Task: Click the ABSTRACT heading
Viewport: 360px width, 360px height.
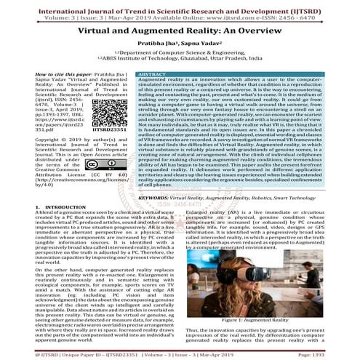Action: (x=153, y=74)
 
